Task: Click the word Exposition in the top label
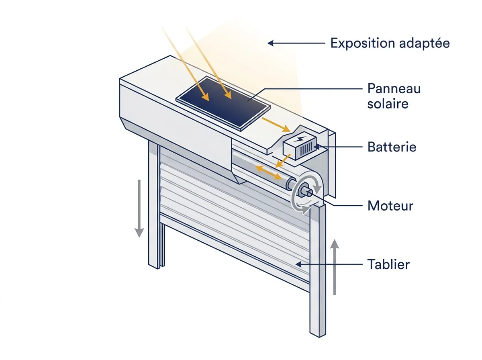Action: click(364, 43)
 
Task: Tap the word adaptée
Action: click(425, 43)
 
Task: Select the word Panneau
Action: click(394, 89)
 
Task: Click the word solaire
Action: click(388, 103)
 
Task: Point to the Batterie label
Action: click(392, 147)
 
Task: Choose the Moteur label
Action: click(390, 206)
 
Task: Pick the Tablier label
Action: click(388, 264)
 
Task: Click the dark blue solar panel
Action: click(223, 104)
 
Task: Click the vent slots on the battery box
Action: click(306, 148)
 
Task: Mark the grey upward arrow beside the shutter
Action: click(335, 267)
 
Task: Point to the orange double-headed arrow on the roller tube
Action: click(268, 173)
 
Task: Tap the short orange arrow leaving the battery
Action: click(283, 161)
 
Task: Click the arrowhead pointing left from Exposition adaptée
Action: click(270, 43)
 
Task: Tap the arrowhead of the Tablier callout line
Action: click(298, 264)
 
